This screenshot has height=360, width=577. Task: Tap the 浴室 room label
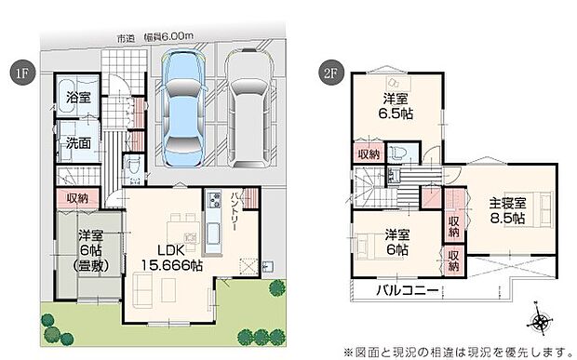(x=77, y=95)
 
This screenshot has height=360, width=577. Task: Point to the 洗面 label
(x=77, y=143)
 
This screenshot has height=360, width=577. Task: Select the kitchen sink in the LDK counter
(x=212, y=232)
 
